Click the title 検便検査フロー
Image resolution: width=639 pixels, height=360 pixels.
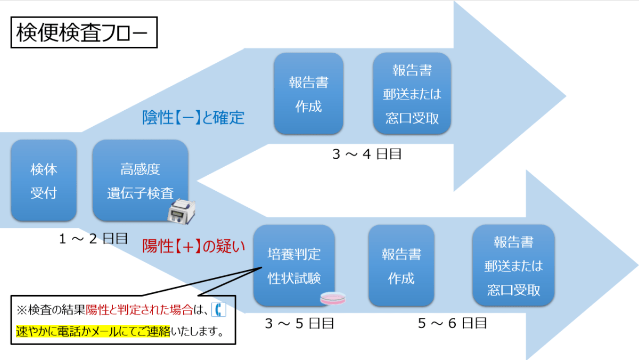(84, 34)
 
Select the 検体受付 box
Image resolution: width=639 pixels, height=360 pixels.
(44, 181)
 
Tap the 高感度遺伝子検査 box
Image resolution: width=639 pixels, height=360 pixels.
(140, 181)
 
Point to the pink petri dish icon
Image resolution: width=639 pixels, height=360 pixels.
(333, 299)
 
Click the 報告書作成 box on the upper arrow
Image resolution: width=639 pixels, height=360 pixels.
(308, 94)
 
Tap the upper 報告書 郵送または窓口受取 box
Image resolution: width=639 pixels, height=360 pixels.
(412, 94)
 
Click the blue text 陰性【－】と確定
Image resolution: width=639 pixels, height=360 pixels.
(193, 117)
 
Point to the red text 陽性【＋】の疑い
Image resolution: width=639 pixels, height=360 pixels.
(194, 246)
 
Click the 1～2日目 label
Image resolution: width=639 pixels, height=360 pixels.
(94, 239)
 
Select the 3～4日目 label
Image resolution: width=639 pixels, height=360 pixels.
(366, 154)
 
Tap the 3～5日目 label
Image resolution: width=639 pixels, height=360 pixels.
(299, 323)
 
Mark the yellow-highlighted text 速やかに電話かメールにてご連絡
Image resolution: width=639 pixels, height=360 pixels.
(93, 332)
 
